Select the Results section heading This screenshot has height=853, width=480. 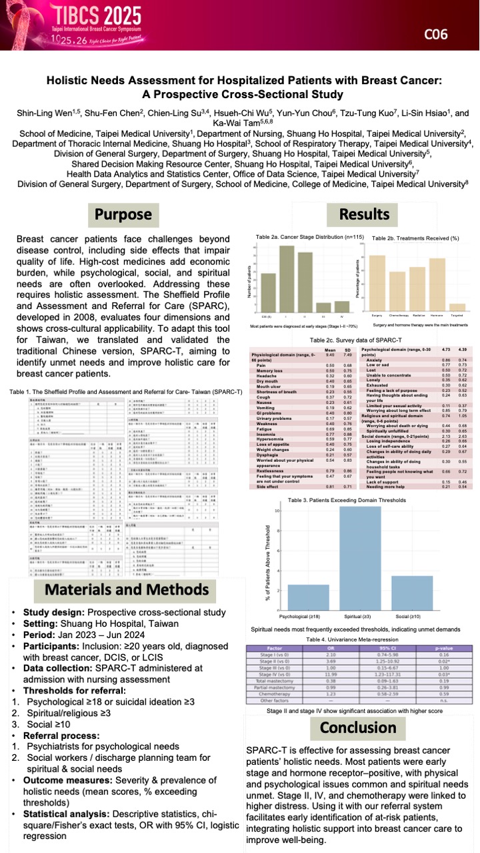tap(365, 215)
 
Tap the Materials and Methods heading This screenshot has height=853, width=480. tap(127, 589)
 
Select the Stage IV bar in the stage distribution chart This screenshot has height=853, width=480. tap(341, 308)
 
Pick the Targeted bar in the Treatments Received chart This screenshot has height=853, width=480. tap(457, 308)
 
